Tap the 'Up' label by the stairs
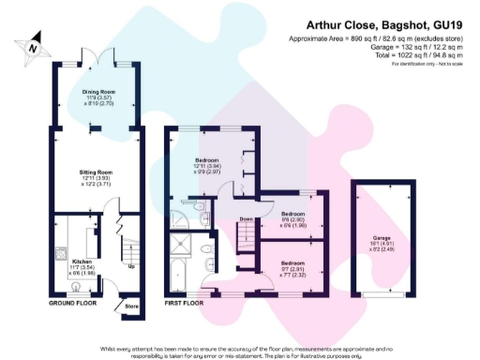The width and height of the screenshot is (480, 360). coord(129,266)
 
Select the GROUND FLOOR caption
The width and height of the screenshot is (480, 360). coord(72,304)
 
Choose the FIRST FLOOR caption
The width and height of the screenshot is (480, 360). coord(184,304)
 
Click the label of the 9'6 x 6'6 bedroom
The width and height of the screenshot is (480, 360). coord(293,217)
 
